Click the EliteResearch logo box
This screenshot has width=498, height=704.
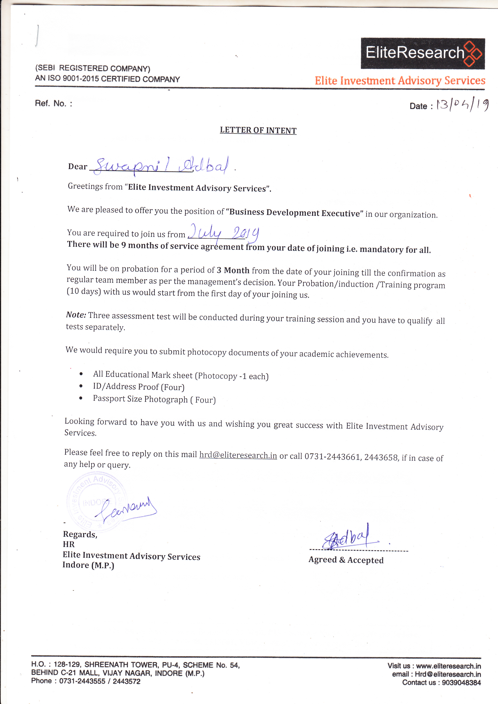pos(422,53)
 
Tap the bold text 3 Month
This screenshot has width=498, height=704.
pos(233,270)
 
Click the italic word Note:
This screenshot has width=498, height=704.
pos(76,315)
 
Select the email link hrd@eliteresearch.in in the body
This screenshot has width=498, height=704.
pos(238,455)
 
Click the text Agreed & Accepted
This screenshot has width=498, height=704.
pos(346,560)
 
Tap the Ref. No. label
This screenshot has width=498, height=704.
pos(53,103)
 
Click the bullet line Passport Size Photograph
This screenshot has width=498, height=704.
pos(154,399)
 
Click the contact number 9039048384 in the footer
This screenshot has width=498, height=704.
pos(461,683)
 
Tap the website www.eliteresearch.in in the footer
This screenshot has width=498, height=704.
pos(448,666)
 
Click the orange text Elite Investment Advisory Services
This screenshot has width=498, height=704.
pos(400,81)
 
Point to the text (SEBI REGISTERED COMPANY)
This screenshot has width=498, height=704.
pos(93,68)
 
